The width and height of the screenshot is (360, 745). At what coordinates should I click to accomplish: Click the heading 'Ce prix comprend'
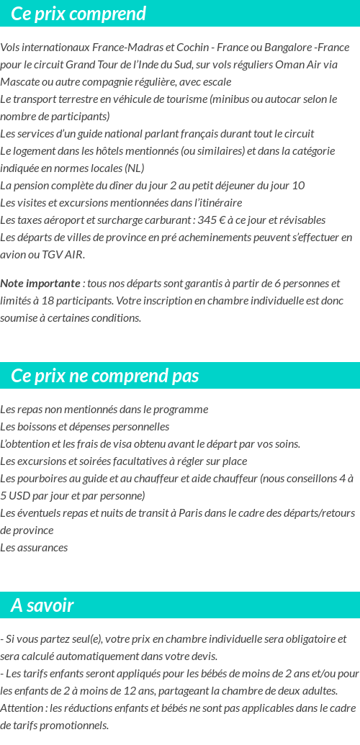pyautogui.click(x=78, y=14)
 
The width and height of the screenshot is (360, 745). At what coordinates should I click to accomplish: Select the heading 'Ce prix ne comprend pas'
pyautogui.click(x=105, y=376)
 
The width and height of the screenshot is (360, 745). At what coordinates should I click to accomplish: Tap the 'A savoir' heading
pyautogui.click(x=42, y=605)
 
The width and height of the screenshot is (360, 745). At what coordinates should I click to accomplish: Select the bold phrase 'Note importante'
pyautogui.click(x=40, y=284)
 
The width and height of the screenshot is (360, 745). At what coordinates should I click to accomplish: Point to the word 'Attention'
pyautogui.click(x=22, y=708)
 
